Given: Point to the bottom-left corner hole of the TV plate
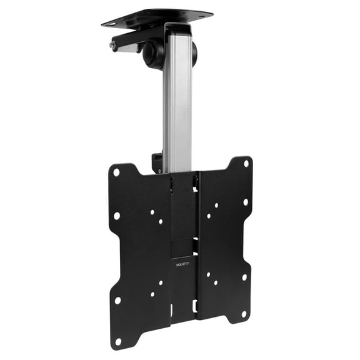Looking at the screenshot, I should (117, 342).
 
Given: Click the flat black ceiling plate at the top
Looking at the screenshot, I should (156, 17).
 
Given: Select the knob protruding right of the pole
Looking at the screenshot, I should (193, 53).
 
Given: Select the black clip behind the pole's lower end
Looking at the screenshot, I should (157, 164).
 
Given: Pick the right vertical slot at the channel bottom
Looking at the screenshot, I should (195, 306).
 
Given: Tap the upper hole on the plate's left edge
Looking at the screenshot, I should (117, 216).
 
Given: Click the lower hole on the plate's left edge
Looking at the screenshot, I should (117, 299).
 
